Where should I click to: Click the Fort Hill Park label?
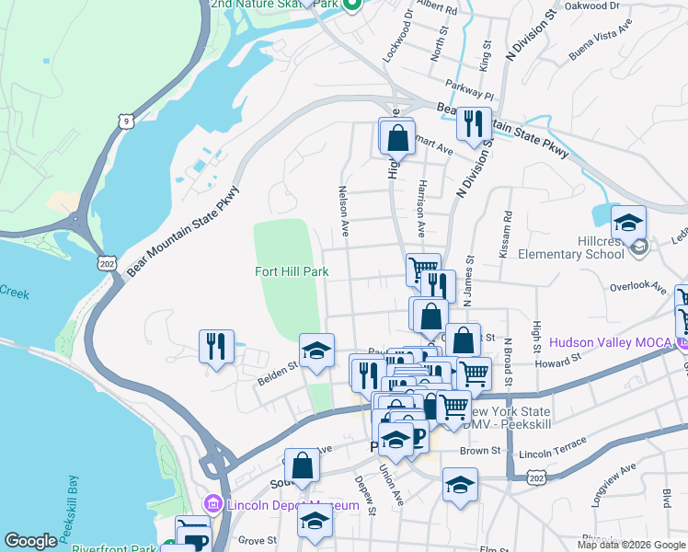pos(292,271)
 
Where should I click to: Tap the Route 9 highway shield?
pos(124,120)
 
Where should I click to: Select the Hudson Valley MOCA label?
pos(610,342)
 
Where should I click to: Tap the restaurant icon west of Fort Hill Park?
pos(216,347)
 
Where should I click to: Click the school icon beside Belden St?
pos(316,351)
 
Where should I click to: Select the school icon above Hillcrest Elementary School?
pos(628,224)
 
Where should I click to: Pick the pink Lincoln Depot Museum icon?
pos(213,505)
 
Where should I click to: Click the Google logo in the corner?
pos(30,541)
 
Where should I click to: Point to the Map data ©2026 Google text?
pos(631,545)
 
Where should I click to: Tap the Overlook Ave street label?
pos(638,287)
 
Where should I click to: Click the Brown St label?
pos(480,452)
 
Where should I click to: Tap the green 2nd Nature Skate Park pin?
pos(351,6)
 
